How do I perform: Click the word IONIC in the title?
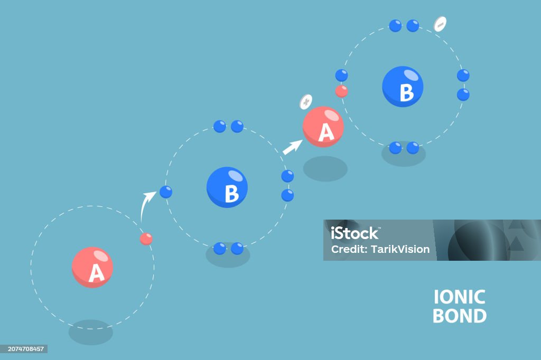[459, 297]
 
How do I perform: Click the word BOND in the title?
[460, 316]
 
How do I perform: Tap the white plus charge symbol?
[306, 102]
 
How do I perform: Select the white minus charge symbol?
[440, 24]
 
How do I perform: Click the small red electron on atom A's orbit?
[146, 239]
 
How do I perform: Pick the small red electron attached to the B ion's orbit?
[342, 91]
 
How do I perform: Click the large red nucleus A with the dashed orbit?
[92, 267]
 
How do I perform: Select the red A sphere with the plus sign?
[323, 127]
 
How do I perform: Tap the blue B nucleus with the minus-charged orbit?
[403, 87]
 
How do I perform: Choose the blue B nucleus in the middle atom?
[227, 187]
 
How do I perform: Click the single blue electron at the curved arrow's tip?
[166, 192]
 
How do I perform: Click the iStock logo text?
[355, 233]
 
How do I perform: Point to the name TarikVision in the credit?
[400, 249]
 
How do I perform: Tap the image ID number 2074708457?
[26, 349]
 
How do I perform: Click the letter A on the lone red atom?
[96, 273]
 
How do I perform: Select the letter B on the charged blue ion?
[406, 92]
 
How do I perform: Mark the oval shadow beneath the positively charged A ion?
[325, 168]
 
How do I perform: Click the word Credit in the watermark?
[349, 249]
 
